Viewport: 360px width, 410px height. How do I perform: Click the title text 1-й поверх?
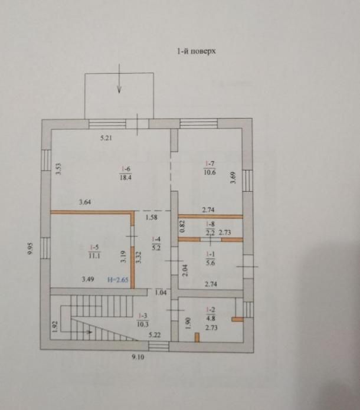pos(197,51)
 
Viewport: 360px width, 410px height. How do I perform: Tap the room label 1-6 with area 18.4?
pos(126,173)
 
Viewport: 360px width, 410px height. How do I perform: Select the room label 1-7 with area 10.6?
pos(210,168)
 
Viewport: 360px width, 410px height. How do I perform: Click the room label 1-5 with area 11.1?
pos(94,251)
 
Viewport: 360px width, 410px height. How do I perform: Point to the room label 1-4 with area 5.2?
pos(156,244)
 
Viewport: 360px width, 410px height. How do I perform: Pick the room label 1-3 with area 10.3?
pos(143,320)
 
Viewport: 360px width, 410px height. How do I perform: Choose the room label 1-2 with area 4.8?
pos(210,314)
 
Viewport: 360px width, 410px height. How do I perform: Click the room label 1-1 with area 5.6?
pos(210,258)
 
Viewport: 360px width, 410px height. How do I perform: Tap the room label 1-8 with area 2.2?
pos(210,228)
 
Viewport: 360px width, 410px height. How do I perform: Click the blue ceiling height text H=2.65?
pos(118,280)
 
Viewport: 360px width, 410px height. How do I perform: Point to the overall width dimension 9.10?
pos(138,357)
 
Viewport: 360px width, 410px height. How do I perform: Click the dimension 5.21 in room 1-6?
pos(106,138)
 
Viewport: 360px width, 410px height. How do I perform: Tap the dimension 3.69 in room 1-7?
pos(233,178)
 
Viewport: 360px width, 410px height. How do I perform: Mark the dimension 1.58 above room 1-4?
pos(152,217)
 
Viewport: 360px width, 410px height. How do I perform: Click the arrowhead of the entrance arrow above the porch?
pos(119,90)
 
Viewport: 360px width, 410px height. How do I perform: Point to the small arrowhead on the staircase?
pos(90,332)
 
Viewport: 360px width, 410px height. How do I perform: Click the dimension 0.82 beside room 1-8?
pos(182,227)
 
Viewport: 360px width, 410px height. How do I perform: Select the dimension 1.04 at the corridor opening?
pos(161,293)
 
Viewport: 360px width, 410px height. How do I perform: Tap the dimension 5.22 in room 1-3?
pos(155,335)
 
